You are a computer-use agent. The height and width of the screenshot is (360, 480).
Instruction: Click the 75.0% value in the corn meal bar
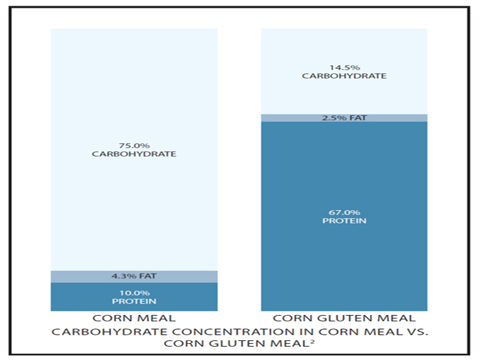click(x=134, y=146)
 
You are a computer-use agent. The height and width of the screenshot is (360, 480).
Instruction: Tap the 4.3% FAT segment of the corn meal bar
click(x=134, y=276)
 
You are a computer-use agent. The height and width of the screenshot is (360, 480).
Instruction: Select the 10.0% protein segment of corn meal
click(x=134, y=297)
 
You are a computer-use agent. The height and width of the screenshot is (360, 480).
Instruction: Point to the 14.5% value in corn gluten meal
click(x=344, y=67)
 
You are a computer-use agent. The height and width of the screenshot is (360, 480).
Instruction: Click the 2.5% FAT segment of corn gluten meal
click(x=344, y=117)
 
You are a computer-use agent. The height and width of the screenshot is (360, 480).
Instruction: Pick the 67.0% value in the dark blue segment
click(x=344, y=212)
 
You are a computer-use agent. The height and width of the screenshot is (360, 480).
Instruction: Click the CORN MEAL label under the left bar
click(x=134, y=318)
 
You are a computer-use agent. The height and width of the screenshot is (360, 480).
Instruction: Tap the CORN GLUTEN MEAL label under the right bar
click(x=344, y=318)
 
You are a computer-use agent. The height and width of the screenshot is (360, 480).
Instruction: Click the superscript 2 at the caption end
click(x=312, y=341)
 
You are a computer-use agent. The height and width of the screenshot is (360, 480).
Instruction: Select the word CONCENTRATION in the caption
click(x=243, y=332)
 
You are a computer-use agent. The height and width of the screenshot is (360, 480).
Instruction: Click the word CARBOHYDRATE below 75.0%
click(x=134, y=154)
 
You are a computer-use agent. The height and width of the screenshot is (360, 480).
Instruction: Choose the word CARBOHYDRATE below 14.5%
click(x=344, y=76)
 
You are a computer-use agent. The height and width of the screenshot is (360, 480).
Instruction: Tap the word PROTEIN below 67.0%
click(x=344, y=221)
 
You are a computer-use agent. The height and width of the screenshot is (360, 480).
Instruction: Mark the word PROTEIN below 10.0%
click(x=134, y=301)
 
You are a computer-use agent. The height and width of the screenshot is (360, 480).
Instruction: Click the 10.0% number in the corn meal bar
click(x=134, y=293)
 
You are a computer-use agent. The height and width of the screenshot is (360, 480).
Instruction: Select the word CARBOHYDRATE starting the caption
click(x=110, y=332)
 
